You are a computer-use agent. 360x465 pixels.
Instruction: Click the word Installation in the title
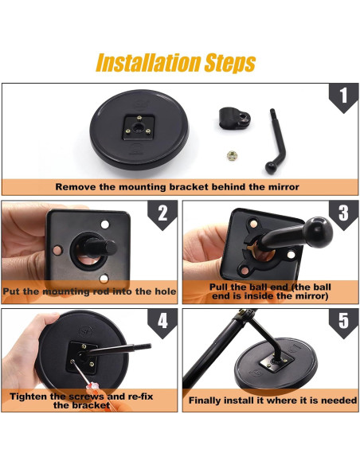tap(148, 63)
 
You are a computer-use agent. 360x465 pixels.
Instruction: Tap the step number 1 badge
tap(343, 96)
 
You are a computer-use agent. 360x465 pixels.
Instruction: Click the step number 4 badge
tap(162, 322)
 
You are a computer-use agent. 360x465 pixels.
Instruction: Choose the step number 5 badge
tap(343, 322)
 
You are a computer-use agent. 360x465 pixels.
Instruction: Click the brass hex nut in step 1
tap(232, 155)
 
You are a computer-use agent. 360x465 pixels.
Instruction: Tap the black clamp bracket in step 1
tap(235, 118)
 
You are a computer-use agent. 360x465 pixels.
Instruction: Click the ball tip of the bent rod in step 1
tap(271, 168)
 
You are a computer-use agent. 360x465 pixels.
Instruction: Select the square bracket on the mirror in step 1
tap(139, 127)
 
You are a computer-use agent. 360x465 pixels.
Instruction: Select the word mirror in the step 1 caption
tap(284, 187)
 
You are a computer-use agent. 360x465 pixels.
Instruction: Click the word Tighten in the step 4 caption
tap(28, 397)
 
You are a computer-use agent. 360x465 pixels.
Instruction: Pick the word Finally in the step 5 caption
tap(205, 401)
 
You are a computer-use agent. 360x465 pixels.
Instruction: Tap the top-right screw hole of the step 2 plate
tap(104, 225)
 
